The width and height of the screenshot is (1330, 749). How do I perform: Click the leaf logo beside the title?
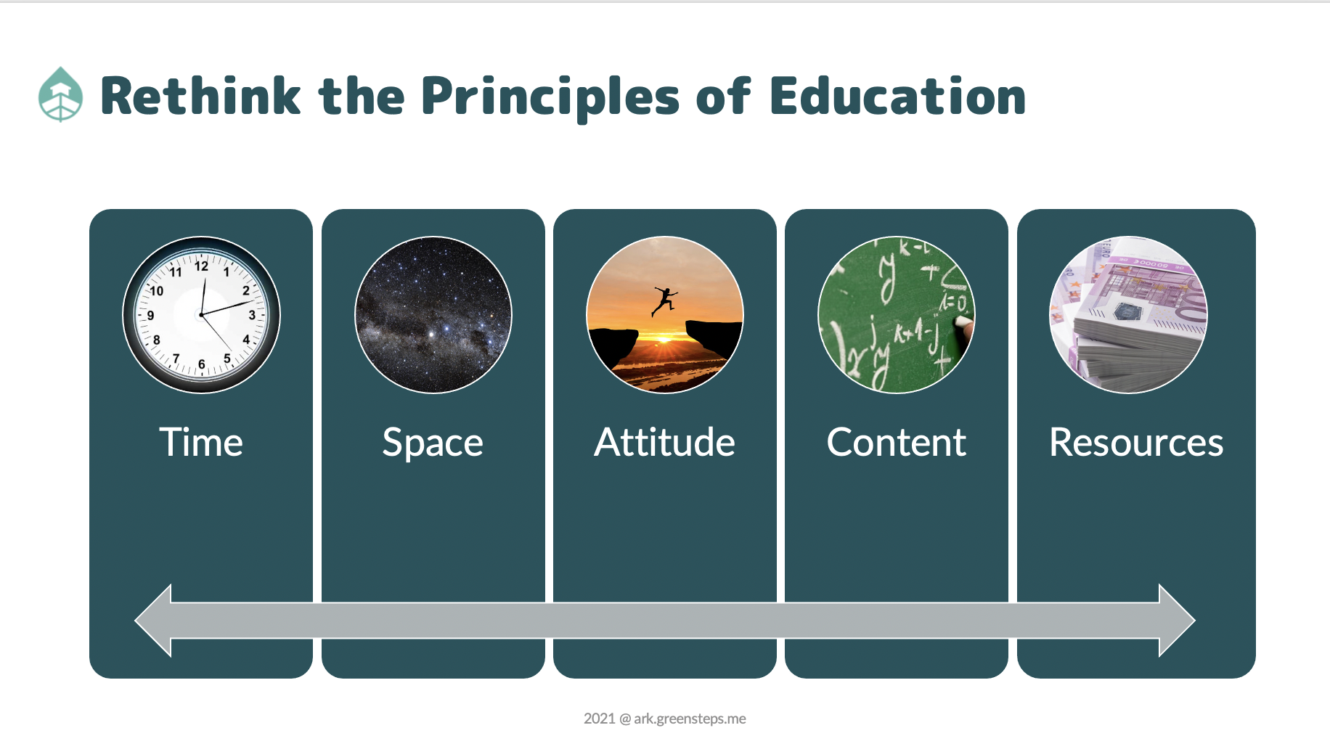click(x=60, y=94)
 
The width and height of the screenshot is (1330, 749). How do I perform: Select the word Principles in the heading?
click(x=550, y=97)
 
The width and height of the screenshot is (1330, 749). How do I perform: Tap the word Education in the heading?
click(x=897, y=96)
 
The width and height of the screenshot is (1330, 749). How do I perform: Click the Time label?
click(x=201, y=442)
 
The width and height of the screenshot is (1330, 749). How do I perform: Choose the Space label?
click(x=433, y=443)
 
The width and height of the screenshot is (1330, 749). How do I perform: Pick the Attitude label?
click(x=664, y=442)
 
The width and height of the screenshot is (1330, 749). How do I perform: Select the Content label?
click(x=897, y=442)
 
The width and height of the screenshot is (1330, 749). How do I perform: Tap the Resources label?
click(x=1136, y=442)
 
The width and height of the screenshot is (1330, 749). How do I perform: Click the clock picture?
click(x=201, y=315)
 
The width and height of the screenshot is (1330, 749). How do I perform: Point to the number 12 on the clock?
click(x=201, y=266)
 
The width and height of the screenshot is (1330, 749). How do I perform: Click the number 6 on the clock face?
click(x=202, y=364)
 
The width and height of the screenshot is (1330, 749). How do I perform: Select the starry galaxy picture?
click(x=433, y=315)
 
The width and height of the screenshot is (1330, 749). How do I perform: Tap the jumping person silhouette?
click(x=664, y=300)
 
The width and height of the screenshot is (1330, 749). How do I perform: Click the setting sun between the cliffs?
click(x=663, y=337)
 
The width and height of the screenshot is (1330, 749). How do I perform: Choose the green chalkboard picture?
click(x=897, y=315)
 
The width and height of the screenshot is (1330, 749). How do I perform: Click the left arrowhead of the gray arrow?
click(x=153, y=621)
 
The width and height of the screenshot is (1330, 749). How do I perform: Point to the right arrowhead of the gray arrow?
click(x=1177, y=621)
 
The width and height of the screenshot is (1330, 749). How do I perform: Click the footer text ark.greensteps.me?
click(x=690, y=719)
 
